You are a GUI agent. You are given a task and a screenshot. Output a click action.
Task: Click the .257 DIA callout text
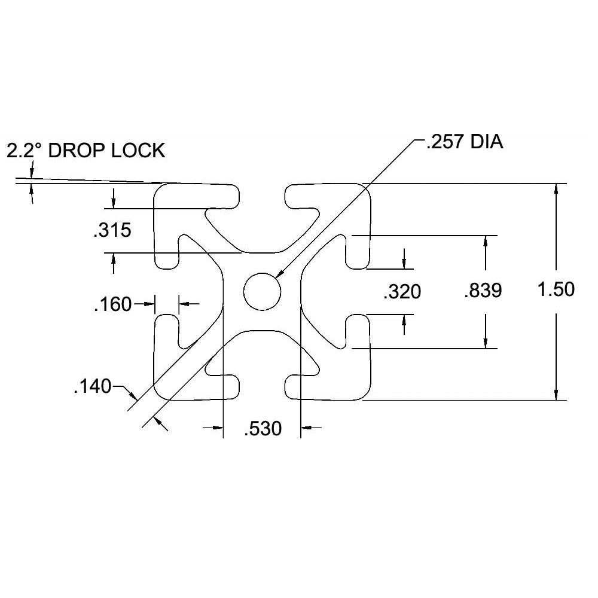click(x=464, y=143)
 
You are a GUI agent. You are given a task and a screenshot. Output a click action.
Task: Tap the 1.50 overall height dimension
click(x=556, y=289)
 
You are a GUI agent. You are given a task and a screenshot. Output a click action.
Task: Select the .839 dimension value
click(x=483, y=291)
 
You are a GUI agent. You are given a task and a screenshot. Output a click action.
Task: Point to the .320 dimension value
click(x=402, y=292)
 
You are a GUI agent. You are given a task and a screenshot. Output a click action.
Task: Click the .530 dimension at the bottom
click(x=263, y=429)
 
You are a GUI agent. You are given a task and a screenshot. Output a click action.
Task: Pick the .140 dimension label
click(x=92, y=387)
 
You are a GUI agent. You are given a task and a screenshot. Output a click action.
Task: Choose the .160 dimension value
click(x=112, y=304)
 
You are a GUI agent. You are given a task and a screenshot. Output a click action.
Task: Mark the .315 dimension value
click(x=112, y=230)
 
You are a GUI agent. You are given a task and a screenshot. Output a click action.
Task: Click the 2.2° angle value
click(x=25, y=150)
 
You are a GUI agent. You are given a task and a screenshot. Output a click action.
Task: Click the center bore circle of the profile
click(x=262, y=291)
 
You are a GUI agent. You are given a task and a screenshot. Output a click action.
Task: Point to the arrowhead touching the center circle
click(x=280, y=273)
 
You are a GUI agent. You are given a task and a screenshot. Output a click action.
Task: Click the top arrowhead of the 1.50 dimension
click(x=556, y=188)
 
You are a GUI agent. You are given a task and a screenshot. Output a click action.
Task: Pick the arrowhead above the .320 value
click(x=405, y=263)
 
